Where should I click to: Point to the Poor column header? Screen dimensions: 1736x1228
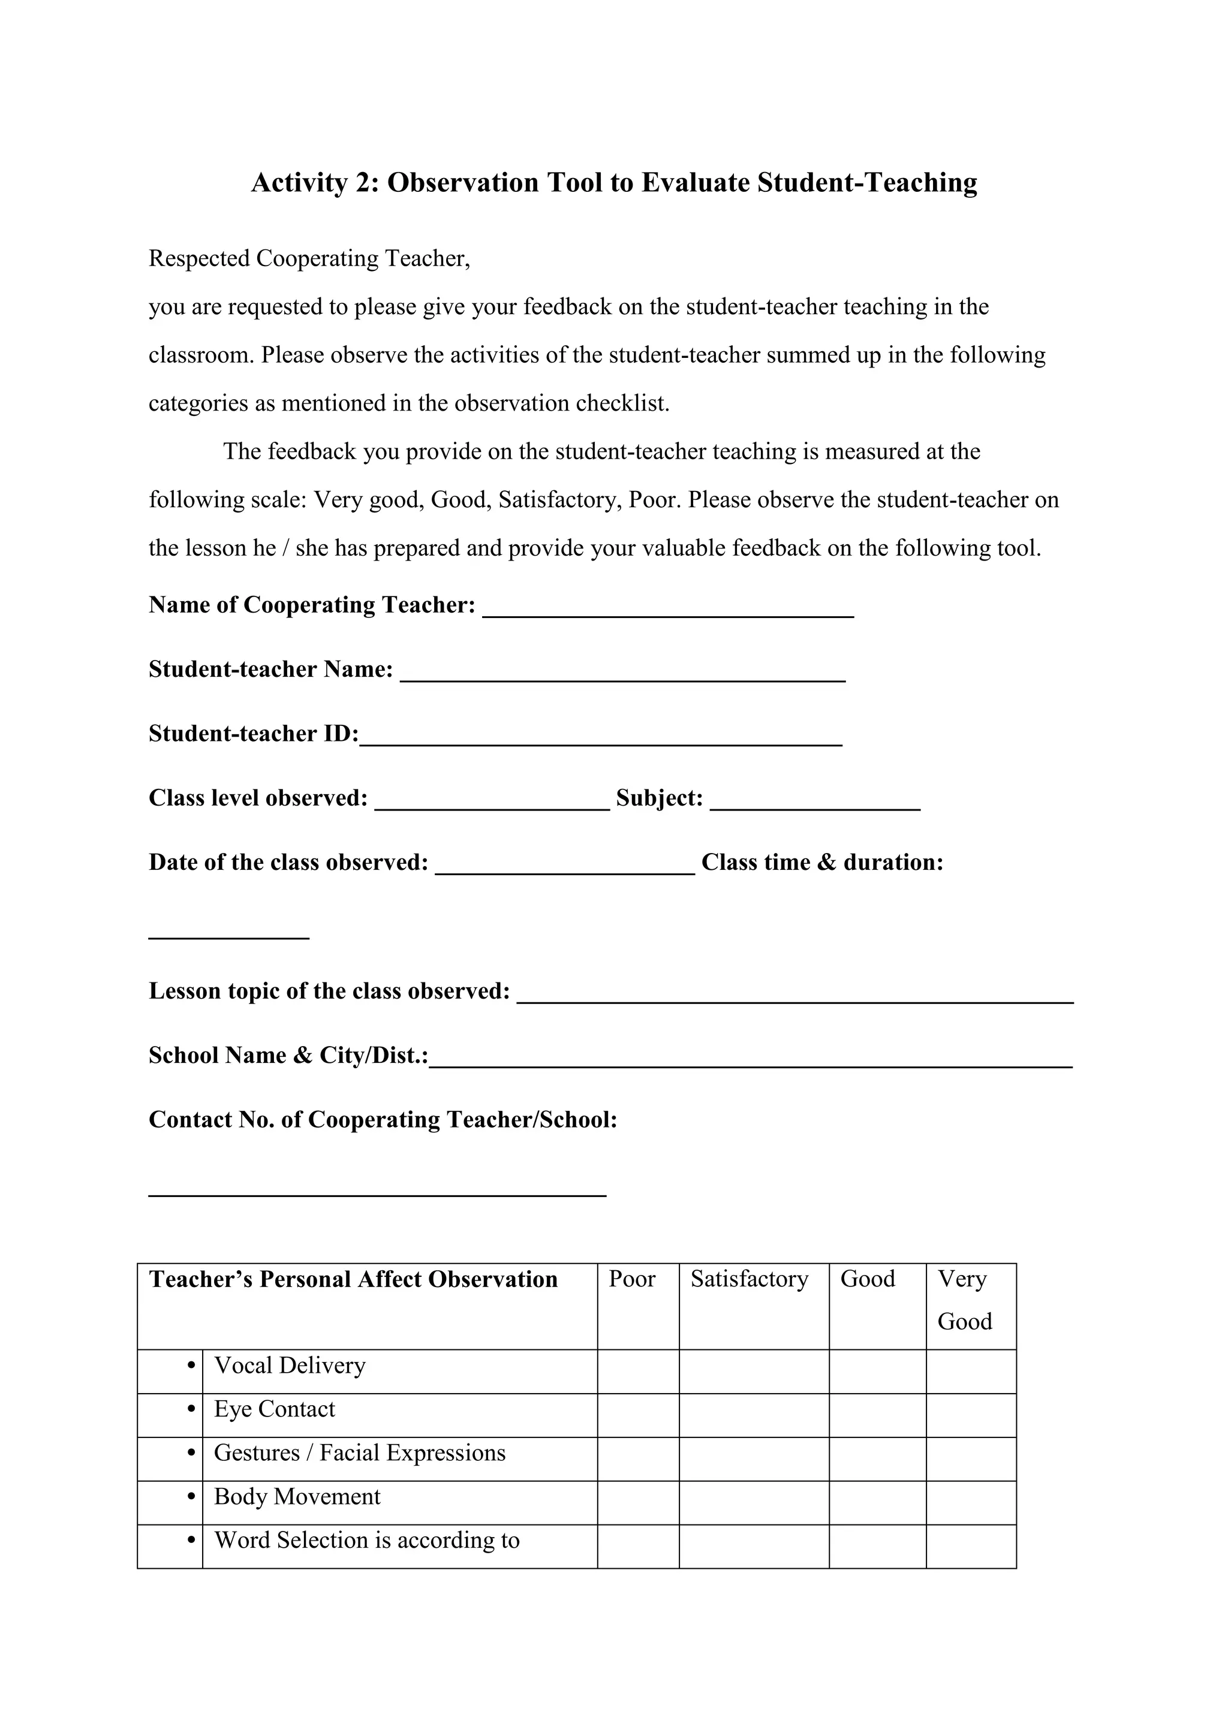coord(631,1279)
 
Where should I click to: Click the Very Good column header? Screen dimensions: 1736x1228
coord(964,1300)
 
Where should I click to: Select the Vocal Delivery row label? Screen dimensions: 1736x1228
coord(290,1366)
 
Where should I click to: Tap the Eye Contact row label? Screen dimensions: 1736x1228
coord(274,1409)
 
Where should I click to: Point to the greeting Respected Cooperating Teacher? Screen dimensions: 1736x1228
coord(309,258)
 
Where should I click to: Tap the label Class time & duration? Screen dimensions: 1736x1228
coord(822,863)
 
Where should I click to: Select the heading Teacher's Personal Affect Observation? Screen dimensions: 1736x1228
coord(353,1279)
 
